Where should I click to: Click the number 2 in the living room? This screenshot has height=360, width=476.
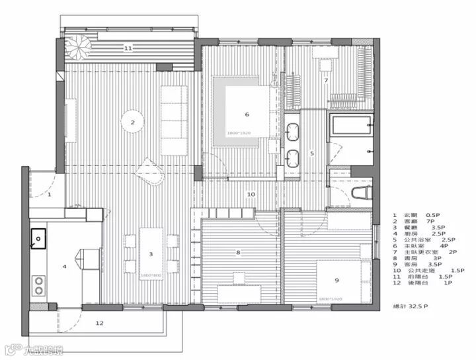click(133, 122)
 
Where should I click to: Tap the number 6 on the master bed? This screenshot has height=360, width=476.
click(247, 114)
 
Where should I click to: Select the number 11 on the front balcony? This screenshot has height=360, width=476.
click(128, 48)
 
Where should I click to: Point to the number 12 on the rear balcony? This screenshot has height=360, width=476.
click(100, 323)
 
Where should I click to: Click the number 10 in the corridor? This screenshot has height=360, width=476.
click(251, 195)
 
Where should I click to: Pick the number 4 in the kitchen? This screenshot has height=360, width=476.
click(65, 267)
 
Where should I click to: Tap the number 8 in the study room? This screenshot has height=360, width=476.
click(238, 252)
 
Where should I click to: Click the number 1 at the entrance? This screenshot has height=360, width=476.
click(50, 195)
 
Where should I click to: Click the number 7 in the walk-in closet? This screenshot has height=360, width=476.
click(326, 80)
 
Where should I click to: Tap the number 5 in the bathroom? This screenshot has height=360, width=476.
click(312, 153)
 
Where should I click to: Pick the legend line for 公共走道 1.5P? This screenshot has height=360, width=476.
click(426, 271)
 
